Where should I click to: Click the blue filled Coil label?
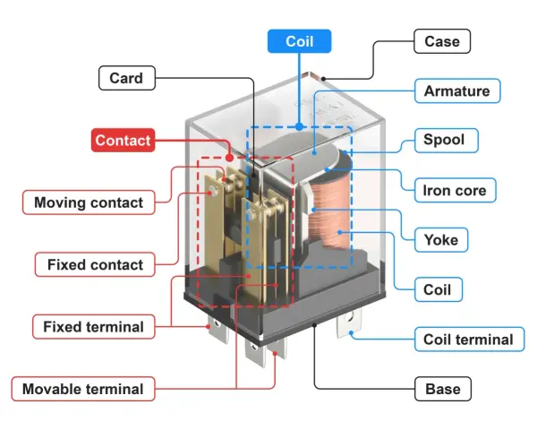299,41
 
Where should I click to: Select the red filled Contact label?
123,141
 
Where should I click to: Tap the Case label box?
442,41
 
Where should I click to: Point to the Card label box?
127,78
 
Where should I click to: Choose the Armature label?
457,90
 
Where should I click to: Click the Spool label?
447,141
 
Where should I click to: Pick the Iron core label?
456,190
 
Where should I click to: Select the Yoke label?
441,240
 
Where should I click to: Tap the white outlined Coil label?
438,289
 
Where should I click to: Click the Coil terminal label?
469,340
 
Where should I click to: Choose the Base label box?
443,389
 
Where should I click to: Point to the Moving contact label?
89,202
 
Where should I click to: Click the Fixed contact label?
95,264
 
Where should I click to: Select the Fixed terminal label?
93,326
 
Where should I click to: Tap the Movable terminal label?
83,389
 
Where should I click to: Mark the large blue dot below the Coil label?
299,127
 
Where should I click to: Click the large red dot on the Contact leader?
229,158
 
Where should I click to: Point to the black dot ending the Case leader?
323,79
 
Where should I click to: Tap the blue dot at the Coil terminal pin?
351,332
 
